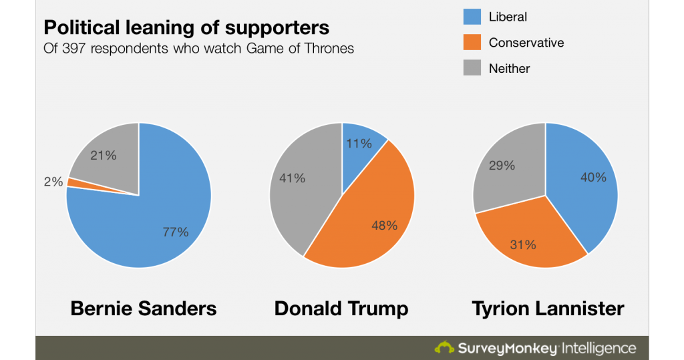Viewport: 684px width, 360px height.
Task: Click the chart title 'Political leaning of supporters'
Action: point(186,28)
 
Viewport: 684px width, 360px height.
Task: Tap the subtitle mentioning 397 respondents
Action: point(198,49)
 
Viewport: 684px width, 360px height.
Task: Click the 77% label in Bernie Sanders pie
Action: point(176,232)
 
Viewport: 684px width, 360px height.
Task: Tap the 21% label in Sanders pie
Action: point(104,155)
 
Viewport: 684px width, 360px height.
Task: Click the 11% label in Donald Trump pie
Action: point(358,143)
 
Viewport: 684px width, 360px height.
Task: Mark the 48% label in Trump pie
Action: point(383,225)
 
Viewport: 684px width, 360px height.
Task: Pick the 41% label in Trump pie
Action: point(292,178)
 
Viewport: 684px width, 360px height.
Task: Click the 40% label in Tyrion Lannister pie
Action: point(593,177)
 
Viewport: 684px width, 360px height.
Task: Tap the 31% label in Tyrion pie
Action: point(523,244)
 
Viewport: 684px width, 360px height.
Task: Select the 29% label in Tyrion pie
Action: point(502,165)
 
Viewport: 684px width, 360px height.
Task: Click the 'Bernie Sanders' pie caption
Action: point(144,309)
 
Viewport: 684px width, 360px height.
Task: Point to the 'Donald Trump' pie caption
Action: point(341,309)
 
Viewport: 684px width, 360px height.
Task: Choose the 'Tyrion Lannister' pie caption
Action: point(548,309)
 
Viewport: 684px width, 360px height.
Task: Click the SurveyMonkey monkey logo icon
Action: point(444,347)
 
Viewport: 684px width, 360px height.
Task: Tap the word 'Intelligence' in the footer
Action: point(599,348)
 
